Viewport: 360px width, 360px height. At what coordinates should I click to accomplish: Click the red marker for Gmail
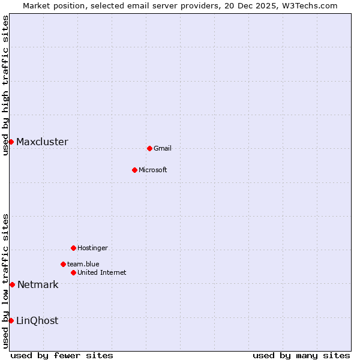pos(149,148)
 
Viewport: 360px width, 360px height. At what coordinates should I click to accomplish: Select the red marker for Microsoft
pos(134,170)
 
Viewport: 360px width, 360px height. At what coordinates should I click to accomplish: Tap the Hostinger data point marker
pos(73,248)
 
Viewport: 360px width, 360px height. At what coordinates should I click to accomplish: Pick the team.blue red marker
pos(63,264)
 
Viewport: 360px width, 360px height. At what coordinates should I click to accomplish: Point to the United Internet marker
pos(73,272)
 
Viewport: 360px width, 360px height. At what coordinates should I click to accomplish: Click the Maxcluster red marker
pos(11,142)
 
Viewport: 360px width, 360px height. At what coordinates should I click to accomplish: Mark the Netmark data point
pos(12,284)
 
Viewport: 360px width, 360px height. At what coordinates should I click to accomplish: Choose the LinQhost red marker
pos(11,320)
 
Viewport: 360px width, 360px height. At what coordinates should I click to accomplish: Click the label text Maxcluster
pos(42,142)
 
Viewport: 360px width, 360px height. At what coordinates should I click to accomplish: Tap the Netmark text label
pos(38,285)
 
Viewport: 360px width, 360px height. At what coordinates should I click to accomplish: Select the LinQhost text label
pos(37,321)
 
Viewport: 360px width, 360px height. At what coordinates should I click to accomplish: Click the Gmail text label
pos(163,149)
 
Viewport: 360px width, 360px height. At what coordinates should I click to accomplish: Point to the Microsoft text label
pos(153,170)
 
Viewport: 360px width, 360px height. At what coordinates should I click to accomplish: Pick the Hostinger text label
pos(93,248)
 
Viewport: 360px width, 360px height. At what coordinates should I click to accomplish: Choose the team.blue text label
pos(83,265)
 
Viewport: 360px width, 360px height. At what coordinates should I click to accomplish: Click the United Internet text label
pos(102,273)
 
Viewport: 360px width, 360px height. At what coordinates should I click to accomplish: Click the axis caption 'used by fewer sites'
pos(62,356)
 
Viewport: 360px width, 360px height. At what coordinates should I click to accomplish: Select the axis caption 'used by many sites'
pos(301,356)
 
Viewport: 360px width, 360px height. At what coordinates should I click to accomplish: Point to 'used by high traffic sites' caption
pos(6,85)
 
